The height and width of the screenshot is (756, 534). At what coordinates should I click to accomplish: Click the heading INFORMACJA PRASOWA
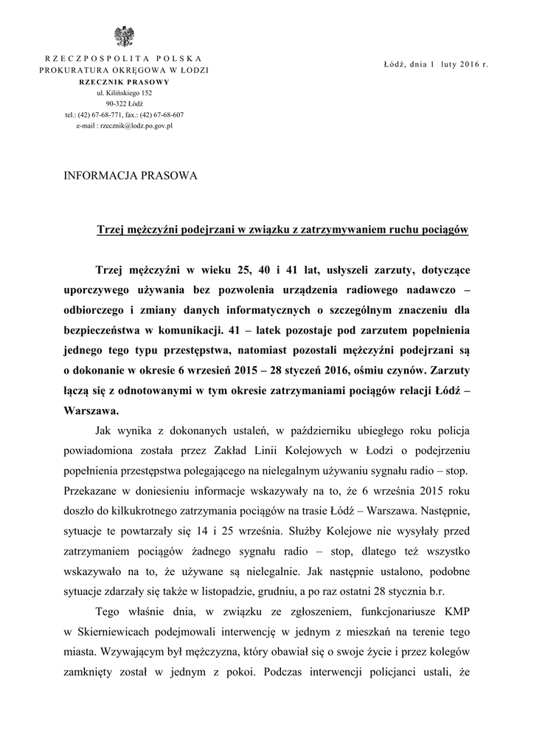tap(131, 176)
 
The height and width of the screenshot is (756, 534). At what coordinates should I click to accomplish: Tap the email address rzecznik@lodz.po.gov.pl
tap(124, 126)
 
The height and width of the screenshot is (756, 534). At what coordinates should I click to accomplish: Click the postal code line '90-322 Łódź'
tap(124, 104)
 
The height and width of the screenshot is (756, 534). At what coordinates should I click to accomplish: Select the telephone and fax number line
tap(124, 115)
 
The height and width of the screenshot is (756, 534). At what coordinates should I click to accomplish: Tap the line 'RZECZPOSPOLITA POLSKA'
tap(124, 58)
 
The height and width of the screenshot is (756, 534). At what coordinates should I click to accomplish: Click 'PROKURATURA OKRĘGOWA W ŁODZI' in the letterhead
tap(124, 69)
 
